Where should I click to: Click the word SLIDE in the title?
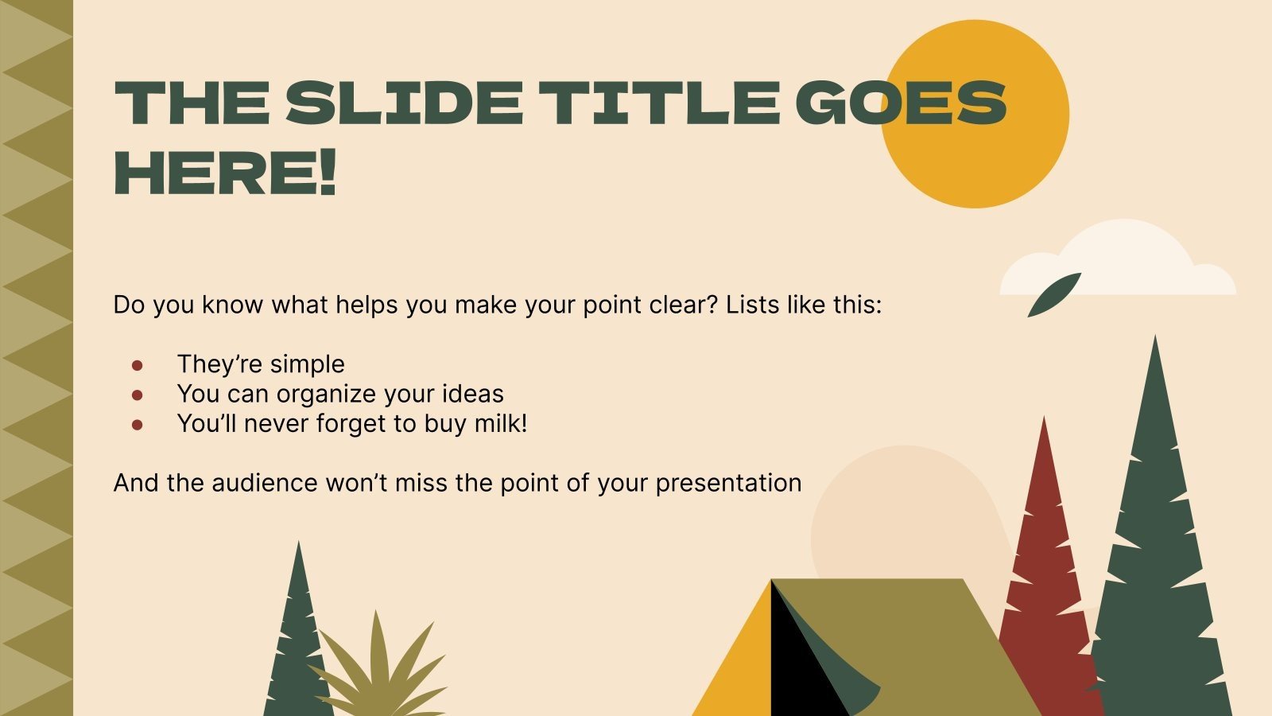[404, 103]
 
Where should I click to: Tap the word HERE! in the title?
[226, 173]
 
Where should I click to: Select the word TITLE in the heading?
[659, 103]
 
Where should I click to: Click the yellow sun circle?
[975, 114]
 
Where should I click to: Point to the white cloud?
[1118, 259]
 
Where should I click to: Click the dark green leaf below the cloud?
[1054, 295]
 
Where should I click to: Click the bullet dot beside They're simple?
[137, 365]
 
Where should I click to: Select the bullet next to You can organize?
[137, 395]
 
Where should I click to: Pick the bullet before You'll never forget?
[137, 424]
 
